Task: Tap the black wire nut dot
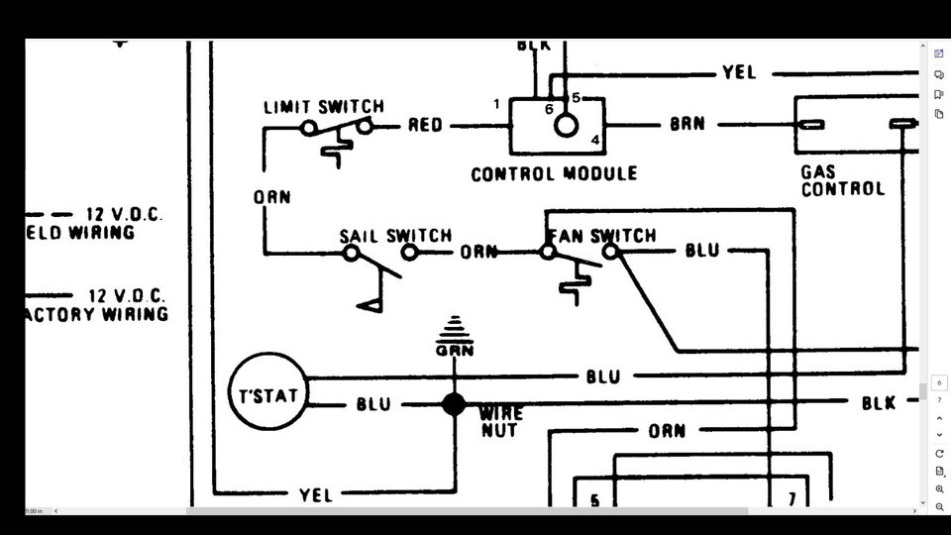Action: [x=454, y=404]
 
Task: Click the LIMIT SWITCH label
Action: [x=323, y=106]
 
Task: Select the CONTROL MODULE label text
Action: [x=554, y=174]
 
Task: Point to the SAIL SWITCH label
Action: [x=395, y=236]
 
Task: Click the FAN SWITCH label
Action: [x=601, y=236]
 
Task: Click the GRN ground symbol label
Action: [x=455, y=350]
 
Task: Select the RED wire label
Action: [x=425, y=126]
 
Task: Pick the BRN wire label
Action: [x=687, y=126]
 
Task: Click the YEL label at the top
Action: [x=739, y=72]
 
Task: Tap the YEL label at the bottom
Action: [x=316, y=494]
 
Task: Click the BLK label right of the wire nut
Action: [x=878, y=403]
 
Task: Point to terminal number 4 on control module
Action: [x=595, y=140]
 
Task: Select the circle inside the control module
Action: [x=566, y=126]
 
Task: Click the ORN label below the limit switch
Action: [x=271, y=197]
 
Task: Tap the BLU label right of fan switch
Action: [x=702, y=251]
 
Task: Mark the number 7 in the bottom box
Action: [x=792, y=500]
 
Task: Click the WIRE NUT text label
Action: [x=501, y=421]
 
